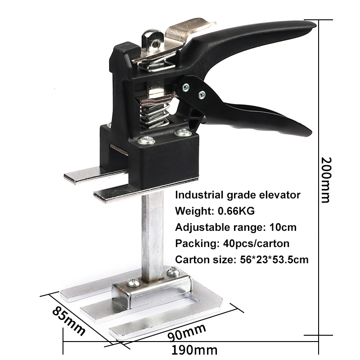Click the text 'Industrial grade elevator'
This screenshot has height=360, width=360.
237,195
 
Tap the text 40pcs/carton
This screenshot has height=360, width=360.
256,243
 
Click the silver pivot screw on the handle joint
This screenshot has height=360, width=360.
202,95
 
